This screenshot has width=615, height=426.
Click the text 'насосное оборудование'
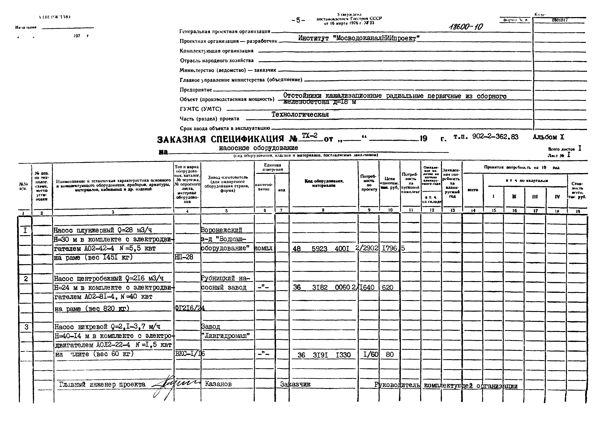(258, 148)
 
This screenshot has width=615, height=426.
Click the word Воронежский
(222, 230)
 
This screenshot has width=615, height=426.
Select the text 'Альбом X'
(548, 137)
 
